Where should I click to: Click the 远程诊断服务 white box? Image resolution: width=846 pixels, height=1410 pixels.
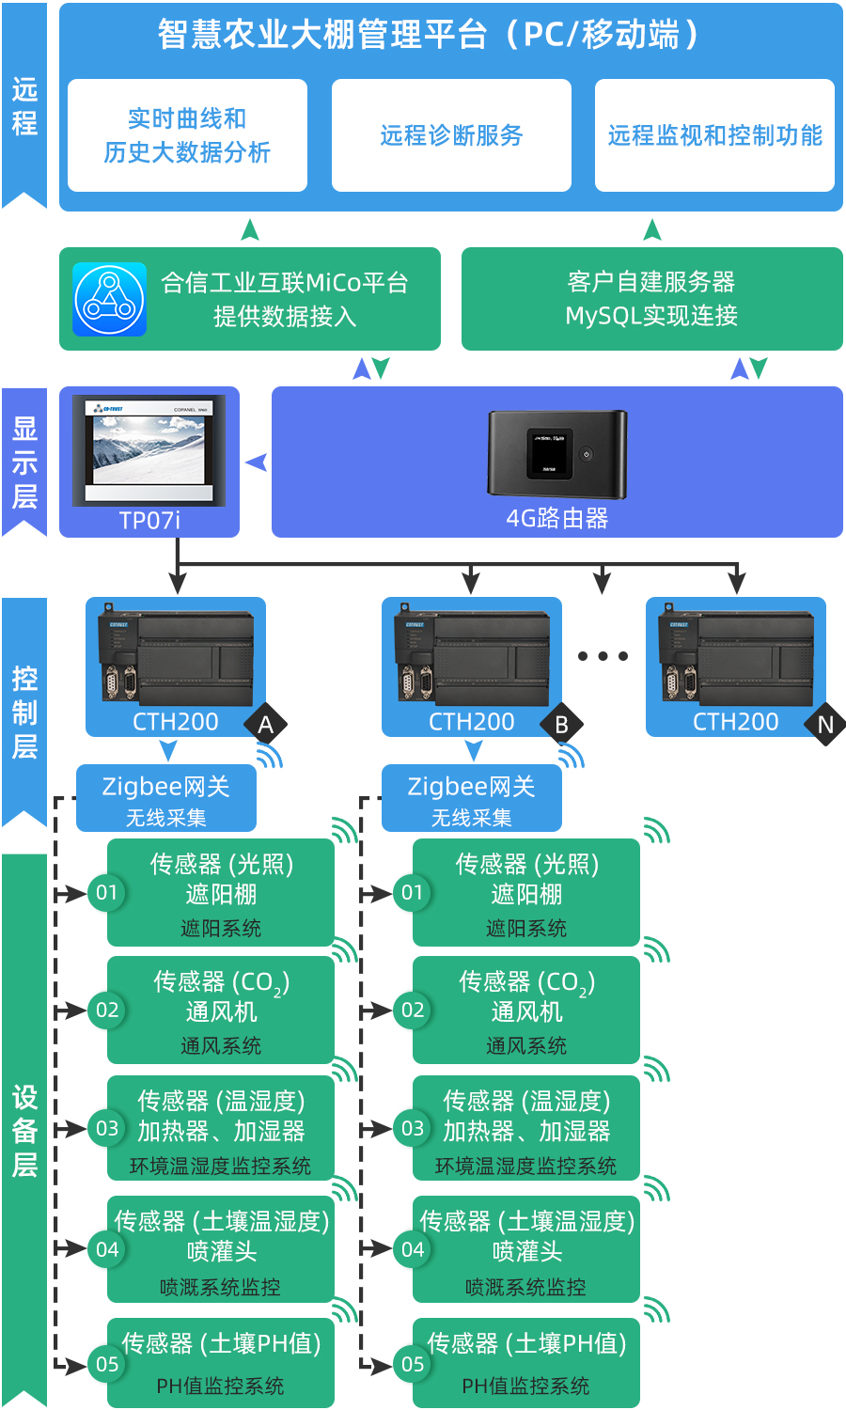click(x=451, y=135)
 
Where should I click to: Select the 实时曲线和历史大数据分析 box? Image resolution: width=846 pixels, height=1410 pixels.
click(x=187, y=135)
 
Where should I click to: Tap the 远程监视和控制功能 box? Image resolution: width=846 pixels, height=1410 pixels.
click(x=714, y=135)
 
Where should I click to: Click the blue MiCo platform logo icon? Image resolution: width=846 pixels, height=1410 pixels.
click(x=110, y=299)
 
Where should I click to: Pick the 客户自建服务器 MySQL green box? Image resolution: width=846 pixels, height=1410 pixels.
click(x=651, y=299)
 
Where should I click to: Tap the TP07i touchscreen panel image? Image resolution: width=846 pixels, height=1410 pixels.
click(x=149, y=451)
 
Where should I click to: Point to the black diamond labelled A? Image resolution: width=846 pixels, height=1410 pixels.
click(x=265, y=725)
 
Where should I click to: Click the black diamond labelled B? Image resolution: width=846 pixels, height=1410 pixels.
click(x=561, y=725)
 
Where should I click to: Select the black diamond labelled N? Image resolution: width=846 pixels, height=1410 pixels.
click(x=825, y=725)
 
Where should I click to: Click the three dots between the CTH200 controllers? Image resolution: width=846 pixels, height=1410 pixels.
click(x=603, y=656)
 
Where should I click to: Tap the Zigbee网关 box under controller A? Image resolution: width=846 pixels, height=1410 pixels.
click(x=165, y=798)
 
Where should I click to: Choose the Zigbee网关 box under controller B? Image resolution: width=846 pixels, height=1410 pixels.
click(x=471, y=798)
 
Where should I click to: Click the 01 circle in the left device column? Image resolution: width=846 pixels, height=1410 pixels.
click(x=107, y=892)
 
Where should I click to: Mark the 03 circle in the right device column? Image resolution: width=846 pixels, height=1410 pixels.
click(x=413, y=1128)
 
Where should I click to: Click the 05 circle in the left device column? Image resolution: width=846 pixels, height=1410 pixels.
click(x=107, y=1364)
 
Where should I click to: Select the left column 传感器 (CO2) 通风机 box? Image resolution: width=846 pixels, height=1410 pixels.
click(x=221, y=1010)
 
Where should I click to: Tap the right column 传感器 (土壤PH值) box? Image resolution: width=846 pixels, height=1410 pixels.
click(x=526, y=1363)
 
